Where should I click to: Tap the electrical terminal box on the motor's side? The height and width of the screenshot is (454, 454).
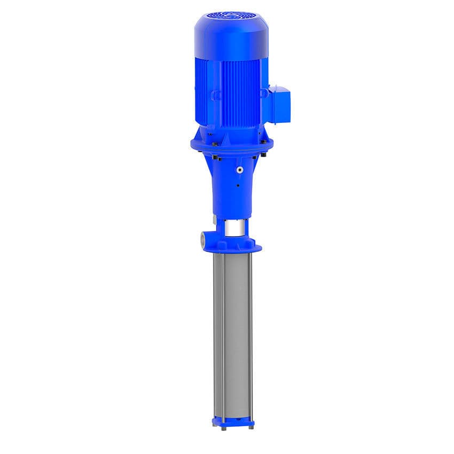(279, 104)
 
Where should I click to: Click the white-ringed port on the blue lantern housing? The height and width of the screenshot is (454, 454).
(240, 169)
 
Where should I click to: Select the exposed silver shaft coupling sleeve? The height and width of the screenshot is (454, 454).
(233, 228)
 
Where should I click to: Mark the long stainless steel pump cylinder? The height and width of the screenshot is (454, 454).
(233, 331)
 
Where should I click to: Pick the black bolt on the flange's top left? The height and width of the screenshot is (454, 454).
(214, 143)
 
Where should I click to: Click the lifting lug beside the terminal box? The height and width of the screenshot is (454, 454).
(263, 93)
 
